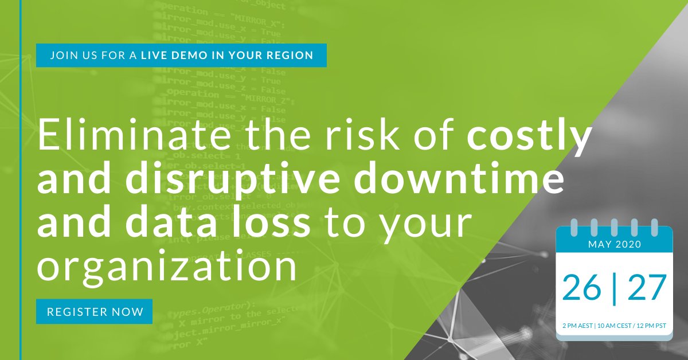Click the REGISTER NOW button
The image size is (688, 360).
tap(95, 312)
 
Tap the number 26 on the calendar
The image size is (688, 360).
tap(582, 288)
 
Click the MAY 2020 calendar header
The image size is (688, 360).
tap(613, 244)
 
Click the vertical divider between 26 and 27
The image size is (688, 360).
tap(615, 288)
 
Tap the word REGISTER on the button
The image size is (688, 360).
tap(76, 312)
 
